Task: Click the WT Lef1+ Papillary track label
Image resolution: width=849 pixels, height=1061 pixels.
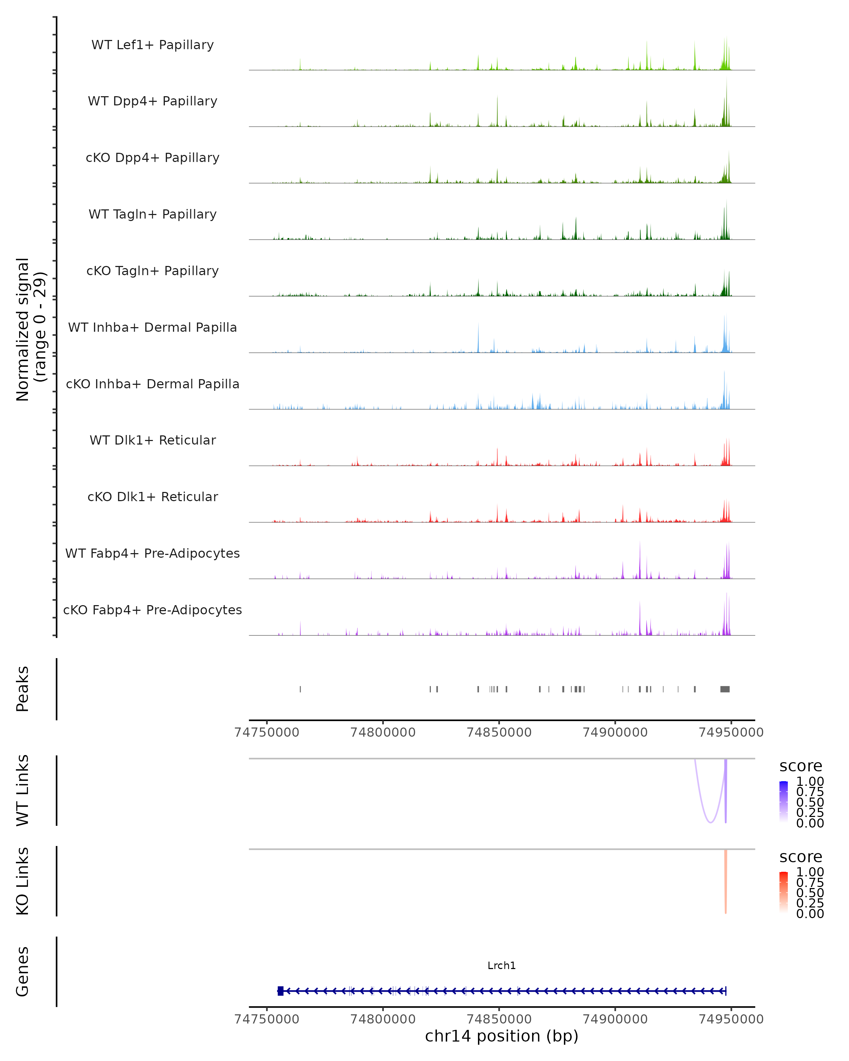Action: point(152,45)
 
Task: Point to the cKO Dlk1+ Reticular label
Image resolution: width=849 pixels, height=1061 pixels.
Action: point(152,497)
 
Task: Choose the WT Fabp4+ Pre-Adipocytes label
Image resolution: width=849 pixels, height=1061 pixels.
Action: point(152,553)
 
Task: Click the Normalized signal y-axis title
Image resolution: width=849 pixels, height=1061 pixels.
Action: point(30,329)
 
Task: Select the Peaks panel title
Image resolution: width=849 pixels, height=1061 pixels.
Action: point(22,689)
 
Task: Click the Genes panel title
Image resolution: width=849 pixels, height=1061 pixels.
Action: point(22,972)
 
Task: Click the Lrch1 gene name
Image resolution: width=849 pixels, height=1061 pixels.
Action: point(502,966)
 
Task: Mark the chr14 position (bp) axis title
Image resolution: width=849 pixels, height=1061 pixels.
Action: point(502,1036)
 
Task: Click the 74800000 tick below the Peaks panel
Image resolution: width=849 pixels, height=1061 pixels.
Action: point(383,732)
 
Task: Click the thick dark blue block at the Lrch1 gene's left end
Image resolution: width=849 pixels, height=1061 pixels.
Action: point(281,991)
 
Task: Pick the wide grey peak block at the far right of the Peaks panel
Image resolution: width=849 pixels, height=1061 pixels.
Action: point(725,689)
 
